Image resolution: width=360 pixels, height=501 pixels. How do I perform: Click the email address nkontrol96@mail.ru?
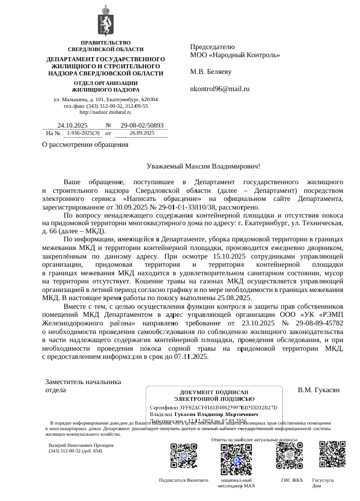click(219, 89)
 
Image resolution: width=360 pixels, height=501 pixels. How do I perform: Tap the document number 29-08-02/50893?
click(142, 126)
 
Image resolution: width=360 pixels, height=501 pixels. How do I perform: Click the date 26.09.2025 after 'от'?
click(142, 133)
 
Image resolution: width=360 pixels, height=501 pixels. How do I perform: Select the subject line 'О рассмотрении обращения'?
click(85, 145)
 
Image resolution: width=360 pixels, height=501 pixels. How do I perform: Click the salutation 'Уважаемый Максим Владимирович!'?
click(203, 166)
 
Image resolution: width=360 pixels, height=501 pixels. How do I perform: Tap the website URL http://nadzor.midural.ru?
click(106, 112)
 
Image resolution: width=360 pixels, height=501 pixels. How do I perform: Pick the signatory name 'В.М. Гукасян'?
click(318, 390)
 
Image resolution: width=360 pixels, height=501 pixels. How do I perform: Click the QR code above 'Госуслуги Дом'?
click(332, 454)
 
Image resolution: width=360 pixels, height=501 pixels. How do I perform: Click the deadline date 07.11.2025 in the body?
click(188, 356)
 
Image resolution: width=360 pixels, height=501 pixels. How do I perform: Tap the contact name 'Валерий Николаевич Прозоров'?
click(81, 445)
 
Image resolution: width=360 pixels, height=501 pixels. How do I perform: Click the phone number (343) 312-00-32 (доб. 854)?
click(75, 450)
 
